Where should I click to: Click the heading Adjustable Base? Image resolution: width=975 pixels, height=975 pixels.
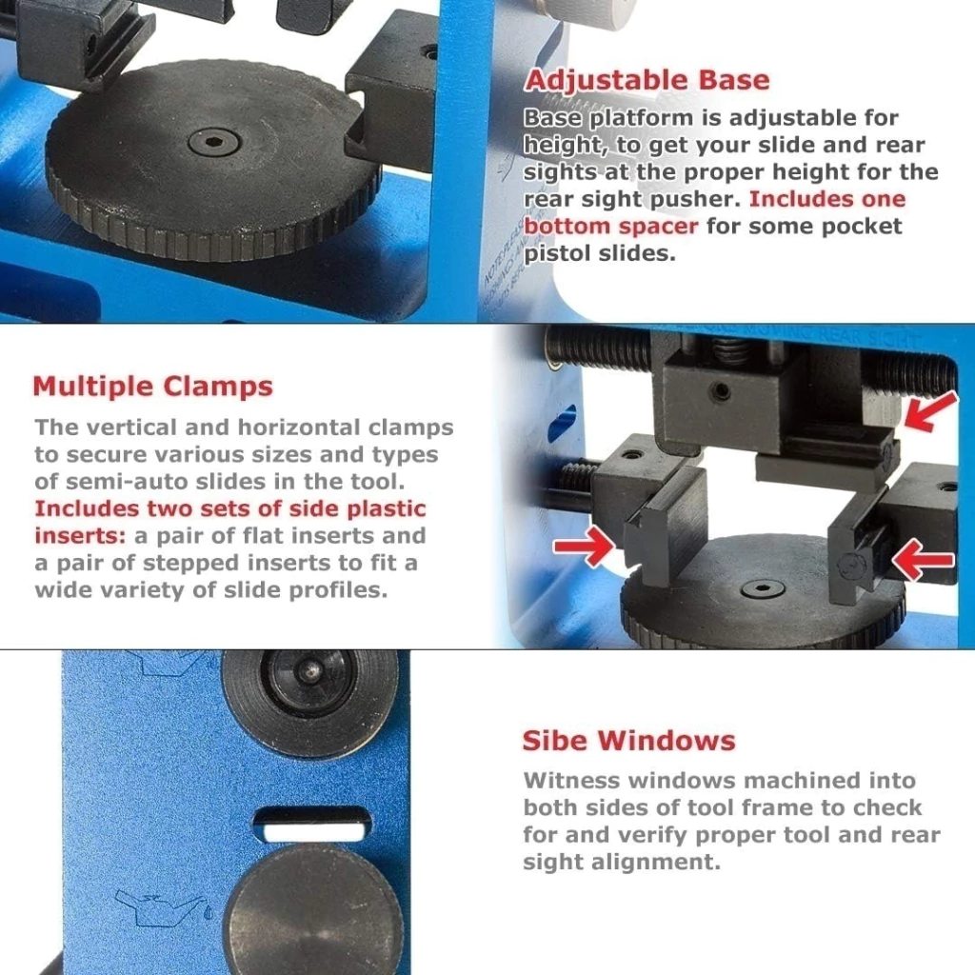(647, 80)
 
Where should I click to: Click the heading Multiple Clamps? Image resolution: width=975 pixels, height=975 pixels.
(153, 387)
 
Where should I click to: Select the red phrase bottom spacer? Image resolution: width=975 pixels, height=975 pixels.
(610, 227)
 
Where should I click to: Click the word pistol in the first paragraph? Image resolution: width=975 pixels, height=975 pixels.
(557, 253)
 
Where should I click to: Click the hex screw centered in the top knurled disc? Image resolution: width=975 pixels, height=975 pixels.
(213, 143)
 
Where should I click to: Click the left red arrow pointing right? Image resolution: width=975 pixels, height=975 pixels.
(584, 546)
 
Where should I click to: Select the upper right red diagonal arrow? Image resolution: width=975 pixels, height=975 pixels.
(929, 411)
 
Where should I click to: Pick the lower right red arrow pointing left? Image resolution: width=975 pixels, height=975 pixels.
(924, 559)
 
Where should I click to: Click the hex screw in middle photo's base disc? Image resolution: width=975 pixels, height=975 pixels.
(763, 588)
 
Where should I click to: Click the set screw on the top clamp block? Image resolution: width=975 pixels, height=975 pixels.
(722, 391)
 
